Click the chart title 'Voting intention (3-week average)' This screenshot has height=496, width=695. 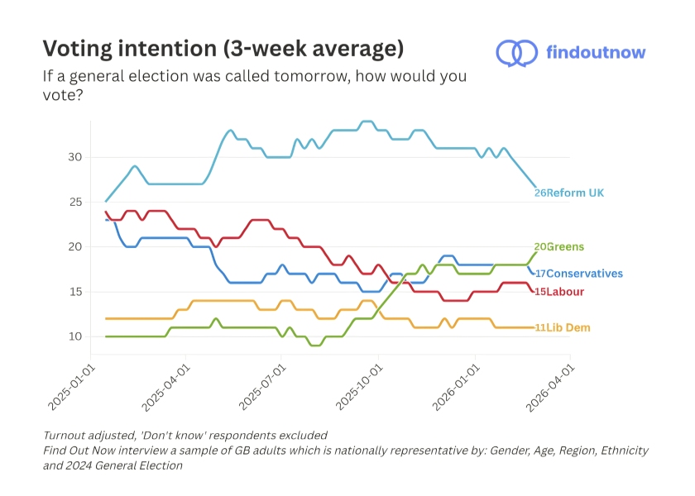(223, 49)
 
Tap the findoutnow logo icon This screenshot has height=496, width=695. (517, 53)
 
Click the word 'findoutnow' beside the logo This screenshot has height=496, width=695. (596, 53)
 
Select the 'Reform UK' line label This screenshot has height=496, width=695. (575, 193)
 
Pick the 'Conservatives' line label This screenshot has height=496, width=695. (584, 274)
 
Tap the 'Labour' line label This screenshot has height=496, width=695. (565, 292)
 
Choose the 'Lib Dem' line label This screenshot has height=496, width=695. (568, 328)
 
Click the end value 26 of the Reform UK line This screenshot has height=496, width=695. (539, 193)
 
